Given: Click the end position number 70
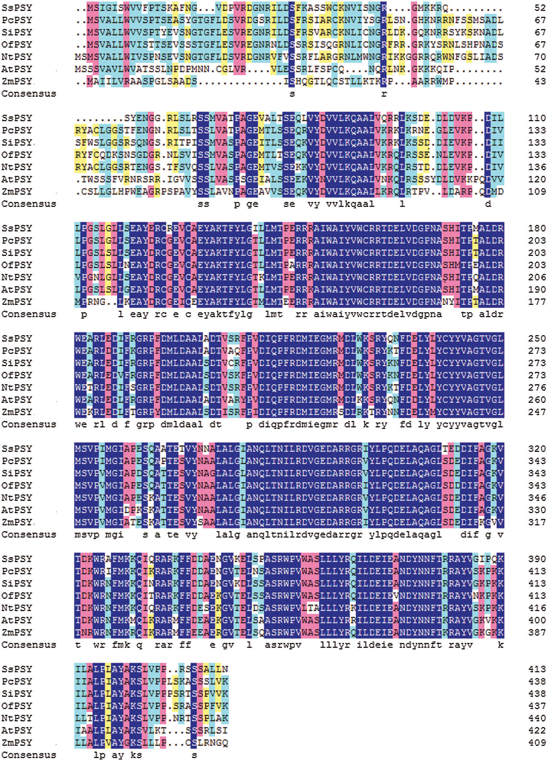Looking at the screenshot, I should pyautogui.click(x=537, y=57).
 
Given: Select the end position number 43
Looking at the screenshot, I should pyautogui.click(x=537, y=82).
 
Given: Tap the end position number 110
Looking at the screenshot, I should pyautogui.click(x=537, y=118).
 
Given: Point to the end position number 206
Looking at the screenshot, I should pyautogui.click(x=537, y=277).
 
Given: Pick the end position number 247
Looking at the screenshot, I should pyautogui.click(x=537, y=412).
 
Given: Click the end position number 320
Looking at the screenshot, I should pyautogui.click(x=537, y=449).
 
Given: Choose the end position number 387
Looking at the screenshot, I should pyautogui.click(x=537, y=633).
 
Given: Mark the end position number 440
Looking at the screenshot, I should pyautogui.click(x=537, y=719).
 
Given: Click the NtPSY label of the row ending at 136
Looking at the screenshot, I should pyautogui.click(x=17, y=167).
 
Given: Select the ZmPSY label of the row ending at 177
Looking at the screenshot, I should pyautogui.click(x=17, y=302).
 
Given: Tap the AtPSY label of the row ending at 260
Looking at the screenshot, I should pyautogui.click(x=17, y=400).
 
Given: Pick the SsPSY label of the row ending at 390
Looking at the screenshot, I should pyautogui.click(x=17, y=559).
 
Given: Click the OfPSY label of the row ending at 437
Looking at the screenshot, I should pyautogui.click(x=17, y=706).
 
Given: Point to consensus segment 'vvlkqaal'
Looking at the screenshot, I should pyautogui.click(x=350, y=204).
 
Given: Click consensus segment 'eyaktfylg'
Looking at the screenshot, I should pyautogui.click(x=224, y=314).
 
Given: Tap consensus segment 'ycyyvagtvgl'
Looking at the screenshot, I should pyautogui.click(x=470, y=425).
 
